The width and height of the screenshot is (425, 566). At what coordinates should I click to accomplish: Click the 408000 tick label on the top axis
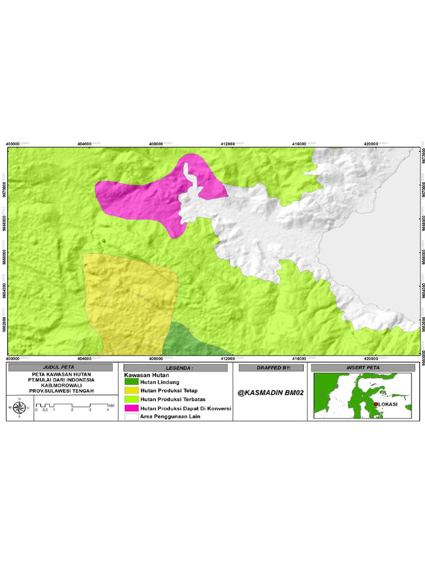[x=157, y=144]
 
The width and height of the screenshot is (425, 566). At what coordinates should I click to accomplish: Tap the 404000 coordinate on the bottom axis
[x=85, y=358]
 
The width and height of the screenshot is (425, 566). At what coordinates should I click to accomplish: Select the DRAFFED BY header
[x=271, y=368]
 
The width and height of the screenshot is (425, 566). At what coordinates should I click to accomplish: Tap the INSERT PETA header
[x=363, y=368]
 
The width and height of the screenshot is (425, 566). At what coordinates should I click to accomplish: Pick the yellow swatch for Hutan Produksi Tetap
[x=132, y=390]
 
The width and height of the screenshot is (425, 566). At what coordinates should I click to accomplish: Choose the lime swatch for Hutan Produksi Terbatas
[x=132, y=399]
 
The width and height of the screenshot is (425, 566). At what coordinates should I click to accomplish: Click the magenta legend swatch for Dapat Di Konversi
[x=132, y=408]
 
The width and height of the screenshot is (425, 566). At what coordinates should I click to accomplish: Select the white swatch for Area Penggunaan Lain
[x=132, y=417]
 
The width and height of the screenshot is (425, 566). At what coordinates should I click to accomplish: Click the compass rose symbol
[x=19, y=407]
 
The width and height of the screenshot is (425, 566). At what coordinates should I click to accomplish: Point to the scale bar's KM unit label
[x=112, y=406]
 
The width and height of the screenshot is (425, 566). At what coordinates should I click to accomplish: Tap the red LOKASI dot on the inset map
[x=376, y=404]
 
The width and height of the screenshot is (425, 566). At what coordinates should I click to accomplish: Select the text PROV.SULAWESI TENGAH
[x=61, y=391]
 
